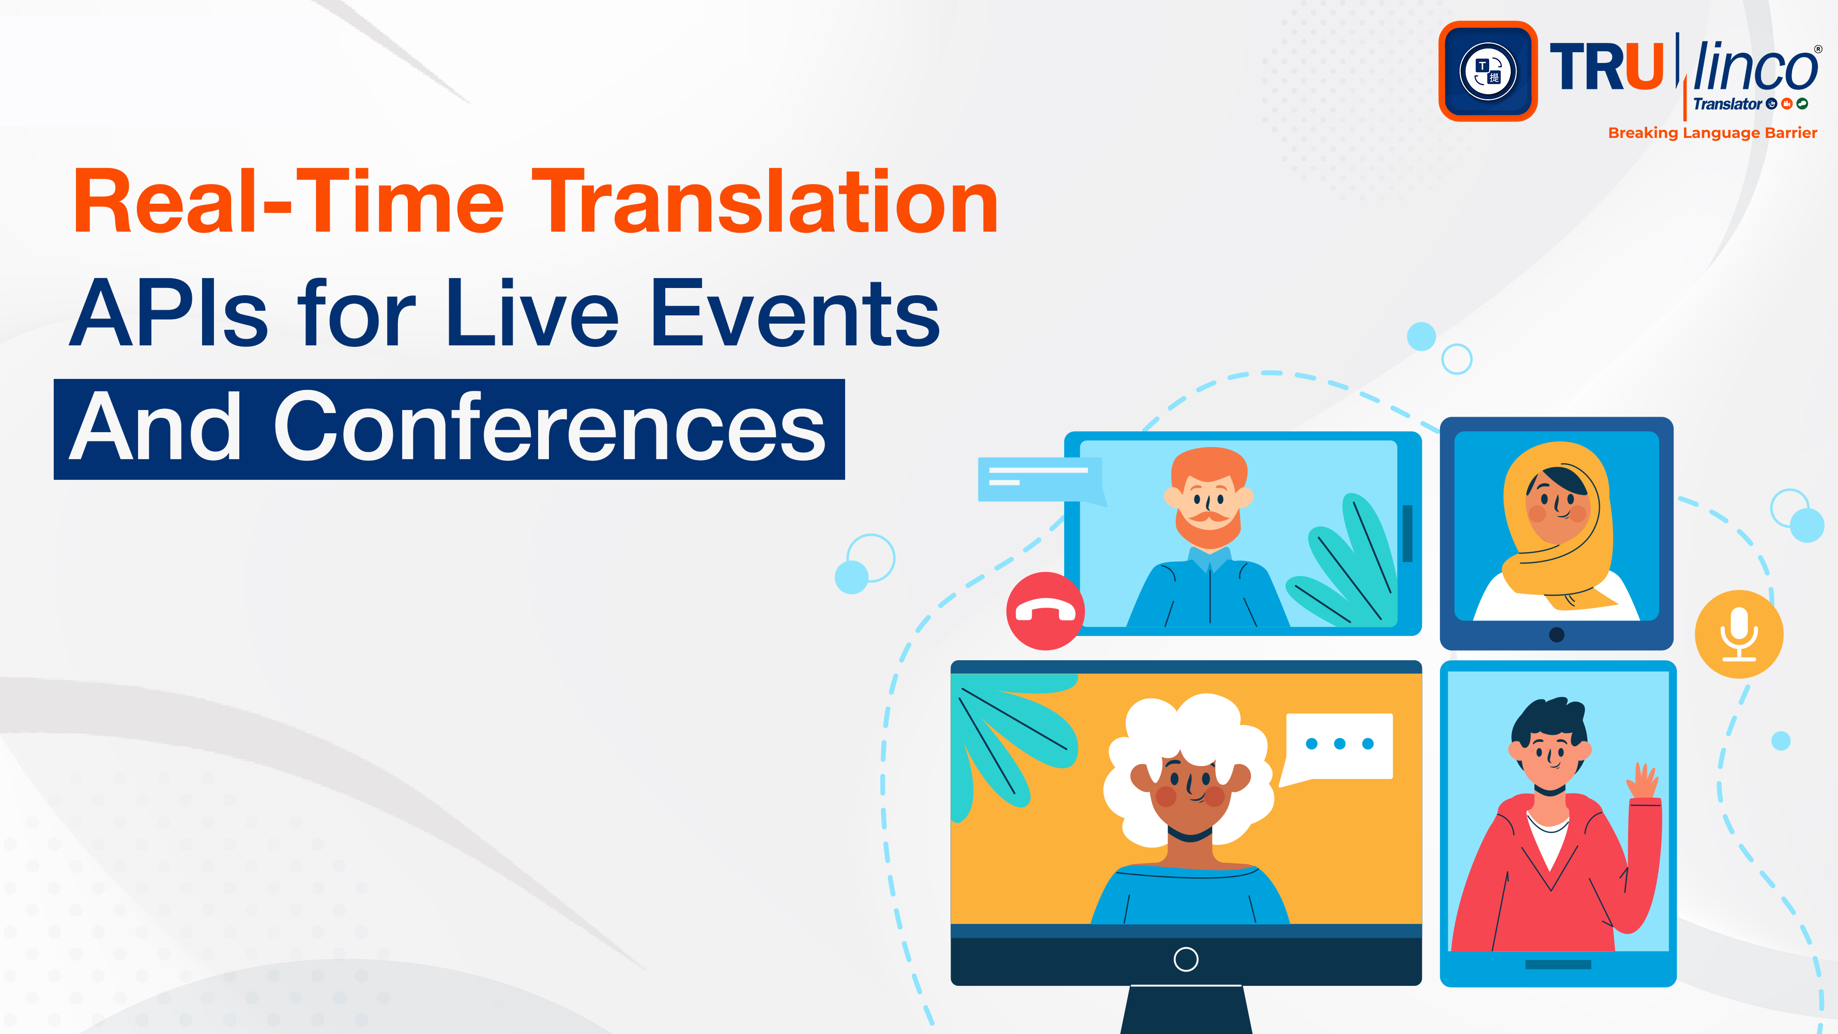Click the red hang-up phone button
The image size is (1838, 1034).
point(1045,611)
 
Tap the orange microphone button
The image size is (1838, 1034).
point(1739,634)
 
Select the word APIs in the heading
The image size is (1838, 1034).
point(169,313)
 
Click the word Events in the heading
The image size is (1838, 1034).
point(795,313)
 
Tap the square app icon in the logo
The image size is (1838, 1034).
point(1488,71)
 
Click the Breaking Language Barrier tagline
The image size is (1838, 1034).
point(1712,133)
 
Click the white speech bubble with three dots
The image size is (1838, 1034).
point(1339,745)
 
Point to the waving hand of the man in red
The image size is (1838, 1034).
point(1644,781)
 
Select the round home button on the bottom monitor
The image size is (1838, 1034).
point(1185,959)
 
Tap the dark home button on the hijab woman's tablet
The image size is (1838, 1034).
point(1557,634)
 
